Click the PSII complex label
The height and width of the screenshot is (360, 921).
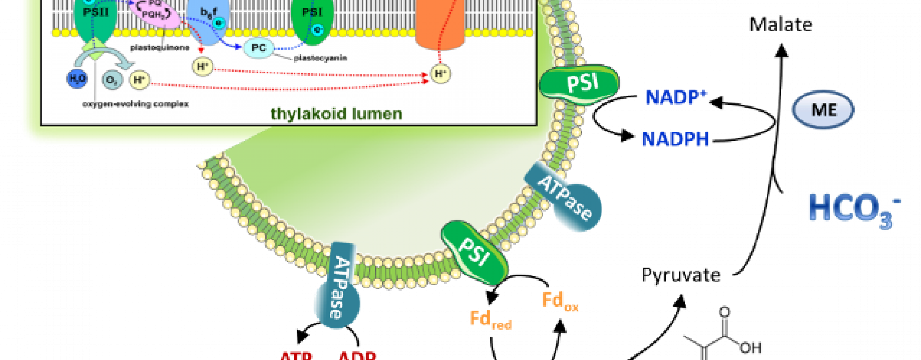click(96, 12)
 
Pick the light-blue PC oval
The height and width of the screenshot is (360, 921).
click(259, 48)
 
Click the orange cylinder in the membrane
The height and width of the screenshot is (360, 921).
click(440, 24)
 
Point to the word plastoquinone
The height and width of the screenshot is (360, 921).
click(159, 48)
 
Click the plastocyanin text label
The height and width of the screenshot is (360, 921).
click(320, 58)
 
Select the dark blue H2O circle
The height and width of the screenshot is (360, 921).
click(77, 79)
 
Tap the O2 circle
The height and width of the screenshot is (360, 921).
click(112, 80)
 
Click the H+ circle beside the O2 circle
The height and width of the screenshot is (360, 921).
click(139, 80)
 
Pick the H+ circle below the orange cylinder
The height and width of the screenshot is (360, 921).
click(440, 74)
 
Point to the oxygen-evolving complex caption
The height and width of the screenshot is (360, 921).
click(135, 104)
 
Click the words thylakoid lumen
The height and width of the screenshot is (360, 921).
click(336, 114)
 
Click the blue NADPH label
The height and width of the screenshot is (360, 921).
click(675, 140)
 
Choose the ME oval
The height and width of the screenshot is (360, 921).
click(822, 110)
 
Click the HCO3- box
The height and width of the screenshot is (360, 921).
click(854, 207)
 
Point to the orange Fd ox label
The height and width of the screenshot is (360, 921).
click(559, 301)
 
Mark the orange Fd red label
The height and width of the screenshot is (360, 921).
click(490, 319)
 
